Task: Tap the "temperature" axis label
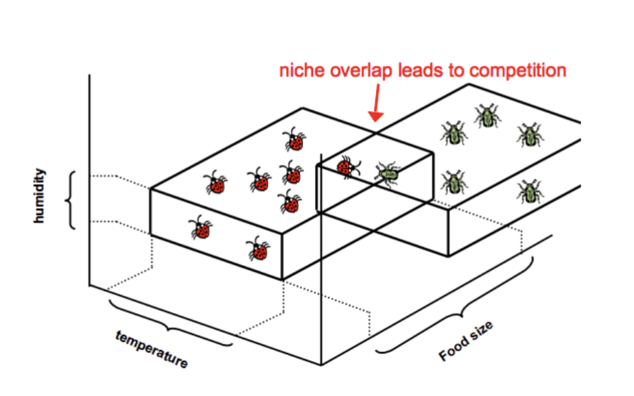coord(152,349)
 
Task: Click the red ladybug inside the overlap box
coord(349,166)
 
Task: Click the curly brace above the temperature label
coord(168,321)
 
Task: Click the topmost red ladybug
coord(294,140)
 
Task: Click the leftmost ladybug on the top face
coord(216,183)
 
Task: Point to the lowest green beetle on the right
coord(529,191)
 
